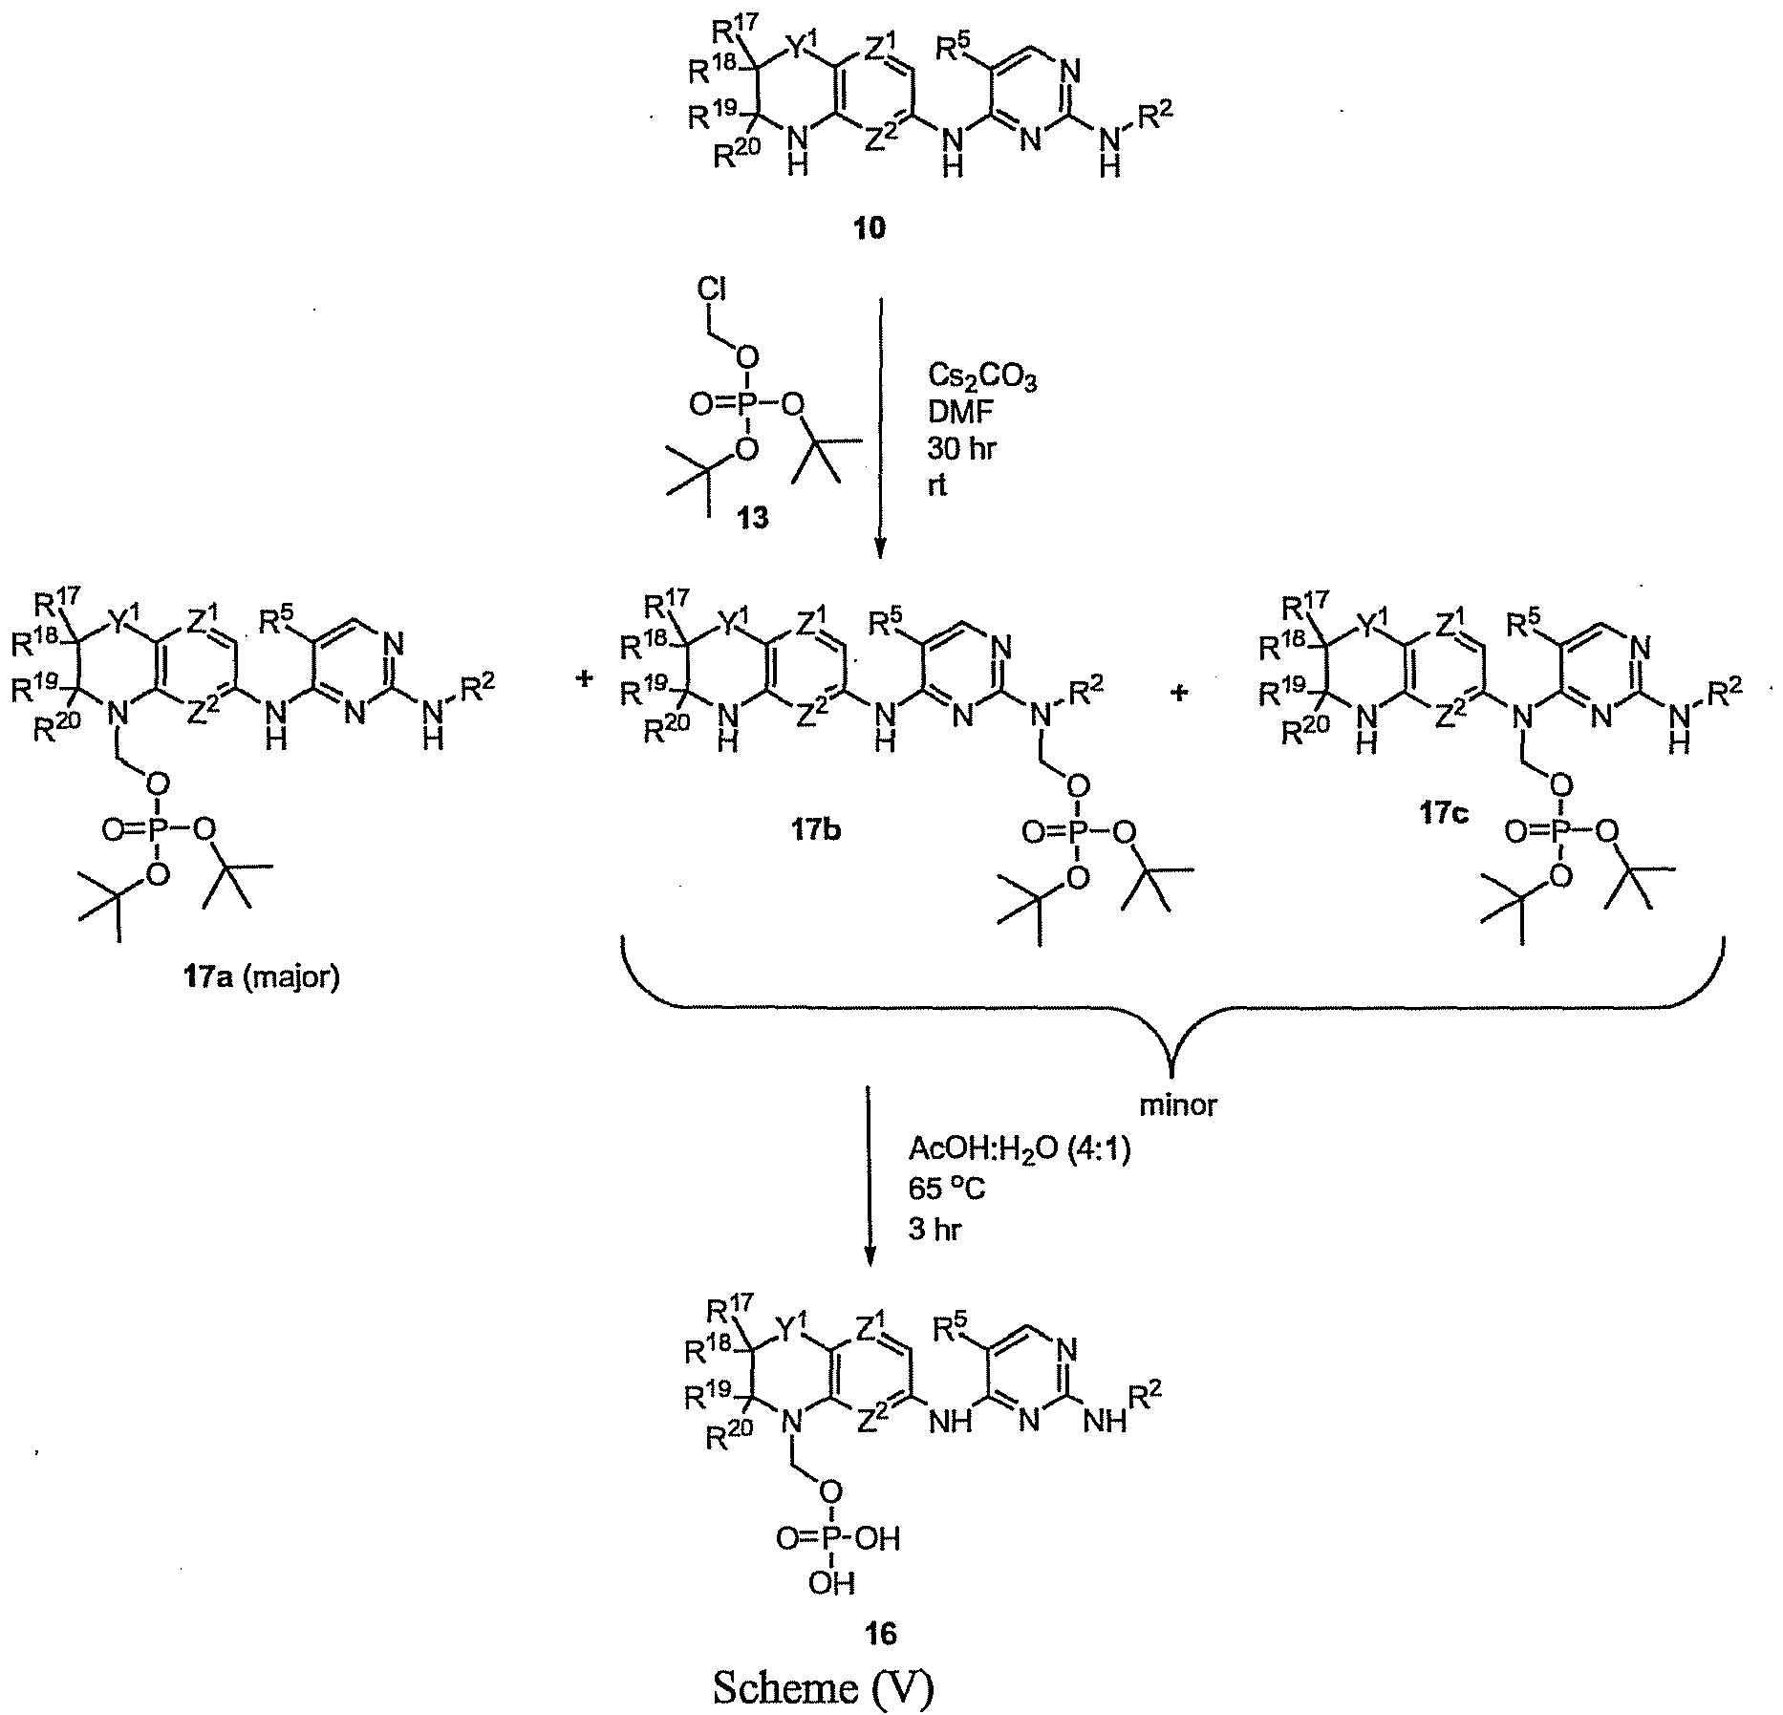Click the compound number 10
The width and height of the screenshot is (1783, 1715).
[x=871, y=228]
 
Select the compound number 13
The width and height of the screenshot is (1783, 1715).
[x=752, y=519]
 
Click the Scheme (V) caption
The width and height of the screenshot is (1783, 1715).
[x=823, y=1687]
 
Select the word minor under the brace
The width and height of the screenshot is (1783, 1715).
[x=1178, y=1105]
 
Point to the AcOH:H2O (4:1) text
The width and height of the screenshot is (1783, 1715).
[x=1019, y=1151]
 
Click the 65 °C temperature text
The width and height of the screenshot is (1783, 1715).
[x=947, y=1190]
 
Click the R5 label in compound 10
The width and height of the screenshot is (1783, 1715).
[x=958, y=49]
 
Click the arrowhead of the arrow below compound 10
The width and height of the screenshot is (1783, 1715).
[x=880, y=550]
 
